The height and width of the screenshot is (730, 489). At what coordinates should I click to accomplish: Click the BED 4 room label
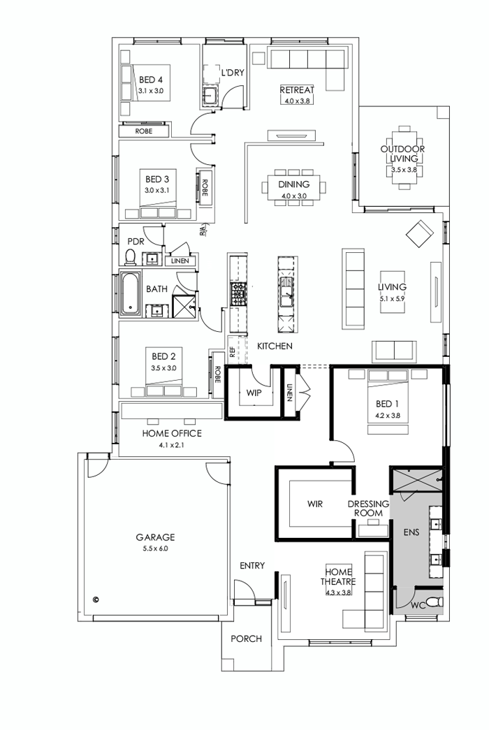150,80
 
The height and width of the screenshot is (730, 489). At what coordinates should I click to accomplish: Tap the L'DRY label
232,72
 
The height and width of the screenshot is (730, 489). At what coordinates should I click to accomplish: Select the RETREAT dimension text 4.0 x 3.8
297,101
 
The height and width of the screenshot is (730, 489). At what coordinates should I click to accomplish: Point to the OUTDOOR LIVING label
402,154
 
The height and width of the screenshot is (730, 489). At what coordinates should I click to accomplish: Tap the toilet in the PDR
129,258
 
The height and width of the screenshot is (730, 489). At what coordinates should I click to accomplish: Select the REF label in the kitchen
231,345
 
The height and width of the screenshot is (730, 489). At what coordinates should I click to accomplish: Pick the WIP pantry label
253,393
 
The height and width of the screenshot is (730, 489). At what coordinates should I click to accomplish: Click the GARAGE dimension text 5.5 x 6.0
155,549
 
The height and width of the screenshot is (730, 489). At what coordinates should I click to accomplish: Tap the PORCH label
246,638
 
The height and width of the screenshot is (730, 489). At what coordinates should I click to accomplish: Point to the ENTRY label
251,565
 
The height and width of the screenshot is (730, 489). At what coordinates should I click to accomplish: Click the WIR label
314,503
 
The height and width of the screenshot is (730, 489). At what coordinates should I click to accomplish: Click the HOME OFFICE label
171,433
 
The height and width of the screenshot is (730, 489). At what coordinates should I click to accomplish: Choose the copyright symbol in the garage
96,599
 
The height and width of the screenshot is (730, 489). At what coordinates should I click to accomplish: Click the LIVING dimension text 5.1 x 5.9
392,298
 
